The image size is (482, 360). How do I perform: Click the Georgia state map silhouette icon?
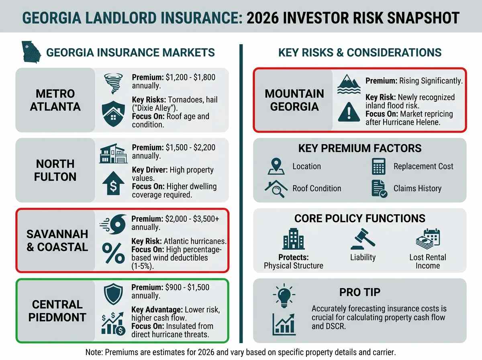(31, 52)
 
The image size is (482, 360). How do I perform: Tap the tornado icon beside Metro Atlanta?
(113, 84)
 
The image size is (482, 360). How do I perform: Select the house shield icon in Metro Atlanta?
(113, 114)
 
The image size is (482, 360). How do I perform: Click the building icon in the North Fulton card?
(113, 153)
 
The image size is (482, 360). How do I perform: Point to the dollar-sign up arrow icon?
(113, 183)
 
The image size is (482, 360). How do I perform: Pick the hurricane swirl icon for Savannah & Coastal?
(113, 224)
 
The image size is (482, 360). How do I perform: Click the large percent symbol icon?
(113, 253)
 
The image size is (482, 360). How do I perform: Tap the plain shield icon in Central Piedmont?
(113, 294)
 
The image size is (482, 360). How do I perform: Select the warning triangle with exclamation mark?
(349, 112)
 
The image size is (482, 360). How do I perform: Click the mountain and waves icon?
(349, 84)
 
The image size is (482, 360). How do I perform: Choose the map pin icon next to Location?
(276, 166)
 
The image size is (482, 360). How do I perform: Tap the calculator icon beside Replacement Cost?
(379, 166)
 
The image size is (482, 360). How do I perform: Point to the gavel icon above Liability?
(363, 239)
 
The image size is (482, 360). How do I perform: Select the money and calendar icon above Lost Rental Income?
(428, 239)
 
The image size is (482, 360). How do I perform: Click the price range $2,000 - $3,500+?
(192, 219)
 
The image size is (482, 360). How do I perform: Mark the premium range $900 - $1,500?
(187, 287)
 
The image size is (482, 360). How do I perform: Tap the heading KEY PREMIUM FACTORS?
(359, 148)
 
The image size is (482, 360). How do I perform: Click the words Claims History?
(417, 188)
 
